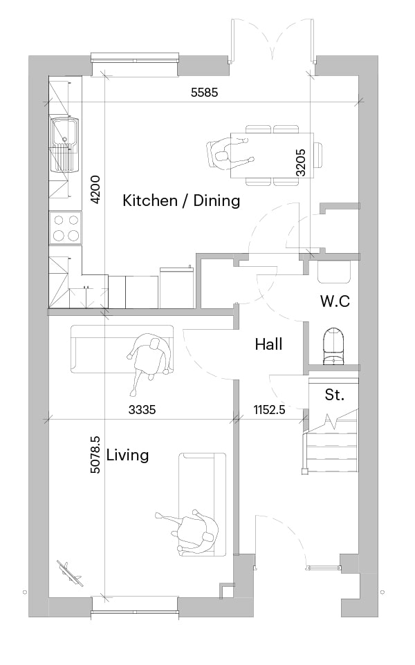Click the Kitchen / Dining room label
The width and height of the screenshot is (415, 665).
click(x=181, y=200)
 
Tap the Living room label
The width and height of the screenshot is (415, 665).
click(x=128, y=456)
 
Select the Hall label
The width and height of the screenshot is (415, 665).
click(x=268, y=344)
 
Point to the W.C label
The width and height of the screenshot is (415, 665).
click(x=335, y=301)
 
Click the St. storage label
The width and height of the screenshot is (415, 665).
click(x=334, y=395)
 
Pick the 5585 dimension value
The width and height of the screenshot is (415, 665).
click(x=204, y=92)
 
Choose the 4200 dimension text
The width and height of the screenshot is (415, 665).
click(x=96, y=189)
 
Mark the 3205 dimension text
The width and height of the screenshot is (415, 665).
click(x=300, y=162)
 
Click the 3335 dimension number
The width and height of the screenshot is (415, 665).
click(x=142, y=410)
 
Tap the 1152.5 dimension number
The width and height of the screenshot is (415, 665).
click(x=270, y=410)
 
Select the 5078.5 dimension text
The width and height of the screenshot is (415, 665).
click(x=96, y=455)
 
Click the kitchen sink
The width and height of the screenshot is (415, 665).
click(x=65, y=144)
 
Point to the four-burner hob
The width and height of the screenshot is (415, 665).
click(x=66, y=227)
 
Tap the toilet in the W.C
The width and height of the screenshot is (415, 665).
click(x=334, y=346)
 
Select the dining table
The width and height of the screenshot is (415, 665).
click(x=272, y=156)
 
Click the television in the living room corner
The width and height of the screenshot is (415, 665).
click(x=69, y=573)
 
